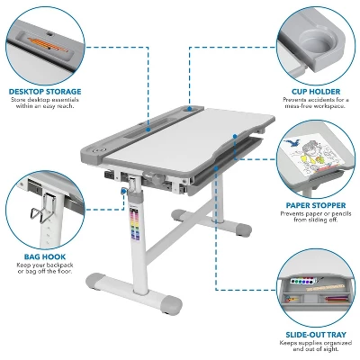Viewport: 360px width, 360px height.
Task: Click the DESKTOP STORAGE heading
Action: click(45, 92)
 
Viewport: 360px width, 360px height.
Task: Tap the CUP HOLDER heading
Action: click(316, 92)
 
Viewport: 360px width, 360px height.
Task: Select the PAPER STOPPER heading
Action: click(316, 205)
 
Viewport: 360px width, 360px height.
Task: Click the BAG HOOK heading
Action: click(45, 256)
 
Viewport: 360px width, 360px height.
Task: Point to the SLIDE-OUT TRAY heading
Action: click(316, 335)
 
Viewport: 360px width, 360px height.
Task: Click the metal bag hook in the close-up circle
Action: click(42, 207)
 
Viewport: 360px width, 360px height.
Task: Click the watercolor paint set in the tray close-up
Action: click(302, 282)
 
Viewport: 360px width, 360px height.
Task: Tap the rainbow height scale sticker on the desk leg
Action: click(134, 224)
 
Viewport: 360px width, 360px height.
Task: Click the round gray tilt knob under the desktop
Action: click(156, 179)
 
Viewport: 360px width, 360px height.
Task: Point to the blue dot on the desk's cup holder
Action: click(190, 108)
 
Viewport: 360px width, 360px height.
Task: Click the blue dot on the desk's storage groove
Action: click(148, 130)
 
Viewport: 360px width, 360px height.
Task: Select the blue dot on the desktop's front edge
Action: click(235, 137)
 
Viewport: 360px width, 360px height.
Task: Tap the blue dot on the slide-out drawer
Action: click(216, 169)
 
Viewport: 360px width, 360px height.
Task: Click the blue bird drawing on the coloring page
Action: click(292, 143)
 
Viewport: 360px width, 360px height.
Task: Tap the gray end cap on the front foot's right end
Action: click(173, 304)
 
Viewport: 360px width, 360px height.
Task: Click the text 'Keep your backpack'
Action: click(45, 265)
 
